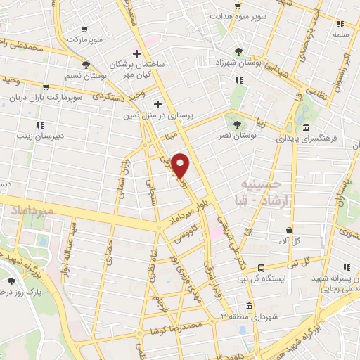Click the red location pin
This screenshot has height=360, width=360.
pos(181,165)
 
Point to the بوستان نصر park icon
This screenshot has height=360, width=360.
pos(236,124)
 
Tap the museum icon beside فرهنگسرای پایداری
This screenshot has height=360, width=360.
pos(307,128)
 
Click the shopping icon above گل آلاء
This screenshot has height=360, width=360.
pos(289,230)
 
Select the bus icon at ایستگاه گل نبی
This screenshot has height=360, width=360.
pos(261,268)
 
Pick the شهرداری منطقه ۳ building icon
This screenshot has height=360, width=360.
pos(249,306)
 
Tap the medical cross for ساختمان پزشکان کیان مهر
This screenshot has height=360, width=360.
pos(137,53)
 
